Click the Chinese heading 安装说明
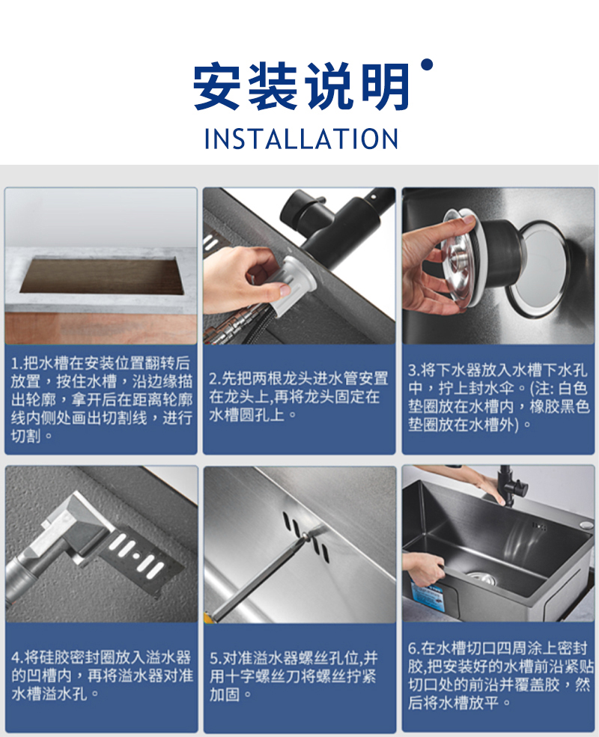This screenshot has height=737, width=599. pyautogui.click(x=301, y=87)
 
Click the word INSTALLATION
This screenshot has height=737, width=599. pyautogui.click(x=301, y=139)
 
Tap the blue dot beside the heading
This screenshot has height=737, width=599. pyautogui.click(x=427, y=64)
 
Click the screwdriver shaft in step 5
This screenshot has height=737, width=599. pyautogui.click(x=260, y=575)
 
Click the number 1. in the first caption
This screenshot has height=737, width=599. pyautogui.click(x=16, y=363)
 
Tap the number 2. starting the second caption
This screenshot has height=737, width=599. pyautogui.click(x=215, y=379)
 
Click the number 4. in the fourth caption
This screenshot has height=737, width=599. pyautogui.click(x=17, y=657)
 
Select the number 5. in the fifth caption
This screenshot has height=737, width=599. pyautogui.click(x=215, y=658)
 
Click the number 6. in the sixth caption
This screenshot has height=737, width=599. pyautogui.click(x=414, y=649)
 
